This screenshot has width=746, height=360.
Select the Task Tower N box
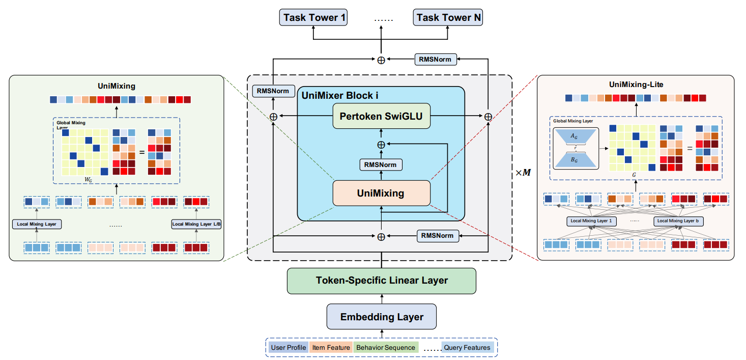coord(447,18)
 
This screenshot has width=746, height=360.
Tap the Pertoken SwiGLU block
coord(382,117)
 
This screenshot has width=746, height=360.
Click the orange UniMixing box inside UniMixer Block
coord(381,193)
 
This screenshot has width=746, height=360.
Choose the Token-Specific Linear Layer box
coord(381,281)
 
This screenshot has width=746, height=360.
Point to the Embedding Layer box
coord(382,317)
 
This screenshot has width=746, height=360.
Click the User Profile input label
coord(289,348)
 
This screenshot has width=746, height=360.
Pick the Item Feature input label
coord(331,348)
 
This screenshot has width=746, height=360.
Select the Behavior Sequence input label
coord(385,348)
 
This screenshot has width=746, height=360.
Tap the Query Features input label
coord(467,348)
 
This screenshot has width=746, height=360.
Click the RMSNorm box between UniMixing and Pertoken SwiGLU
coord(381,164)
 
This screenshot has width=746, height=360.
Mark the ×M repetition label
coord(523,173)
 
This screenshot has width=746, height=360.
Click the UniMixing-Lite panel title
coord(636,85)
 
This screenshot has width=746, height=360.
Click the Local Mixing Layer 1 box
coord(591,221)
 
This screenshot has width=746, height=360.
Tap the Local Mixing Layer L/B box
coord(196,224)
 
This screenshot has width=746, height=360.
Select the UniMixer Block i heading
coord(340,95)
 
